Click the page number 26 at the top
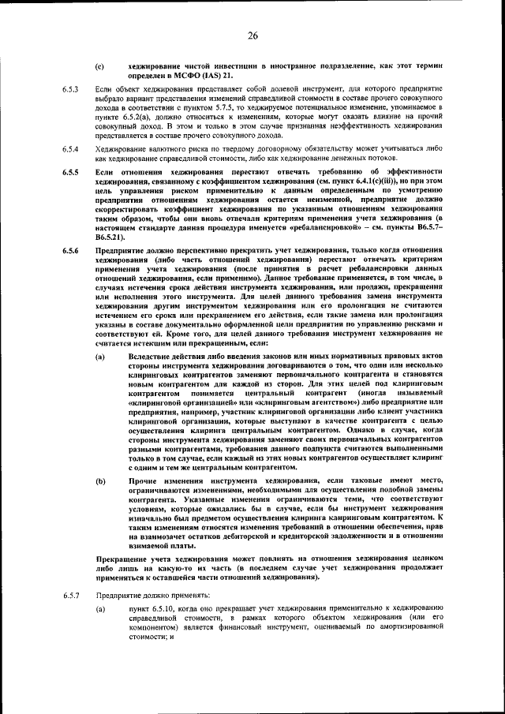point(252,36)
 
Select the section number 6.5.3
point(71,90)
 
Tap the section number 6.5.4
point(71,148)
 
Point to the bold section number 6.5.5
point(71,171)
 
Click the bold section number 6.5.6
point(71,250)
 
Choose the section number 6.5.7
point(71,595)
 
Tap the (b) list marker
point(99,479)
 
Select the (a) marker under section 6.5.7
point(99,609)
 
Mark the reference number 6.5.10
point(159,609)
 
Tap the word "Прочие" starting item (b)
point(141,479)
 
